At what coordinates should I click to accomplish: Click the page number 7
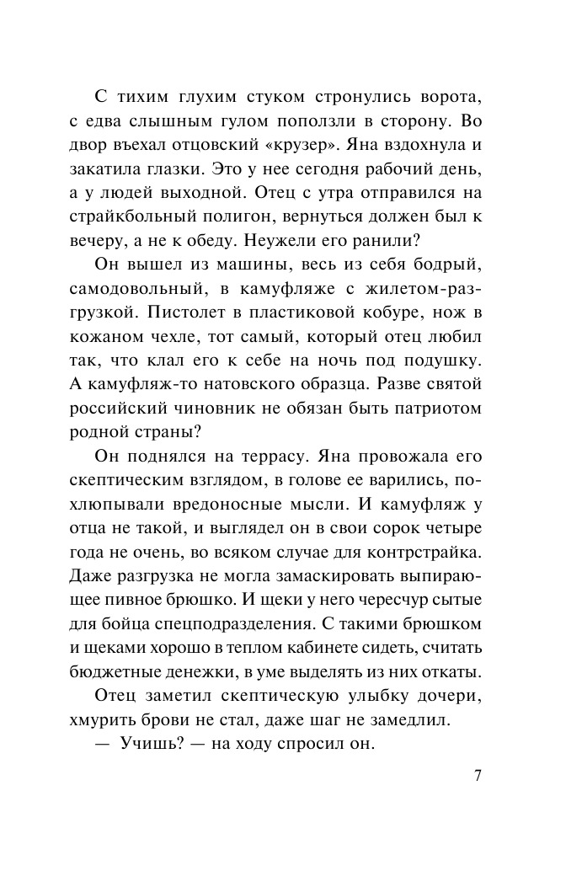(x=478, y=776)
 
